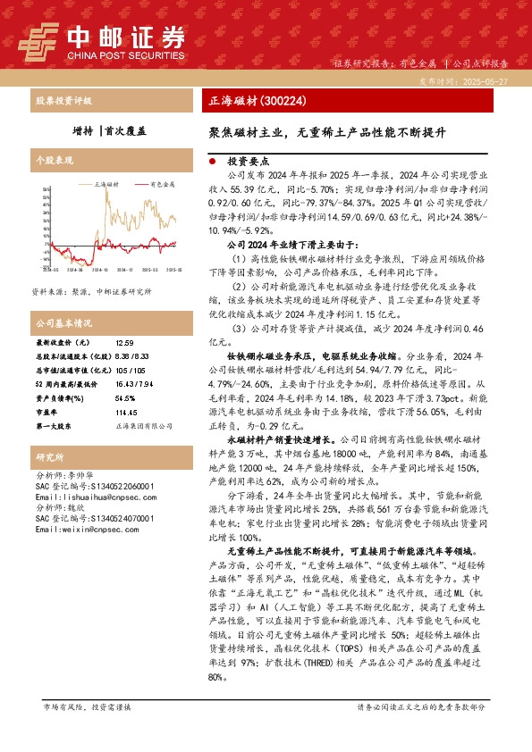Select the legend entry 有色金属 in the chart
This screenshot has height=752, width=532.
[x=162, y=184]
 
